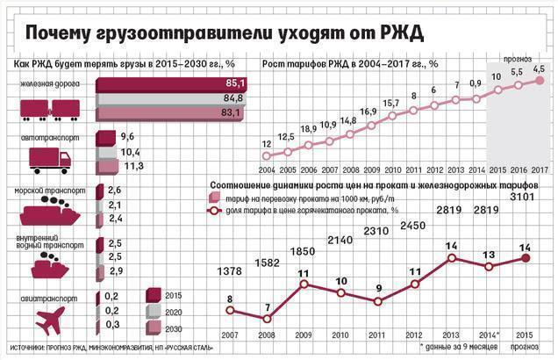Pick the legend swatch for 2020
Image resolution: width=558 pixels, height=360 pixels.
pos(155,311)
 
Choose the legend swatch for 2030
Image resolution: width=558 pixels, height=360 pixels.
pos(155,327)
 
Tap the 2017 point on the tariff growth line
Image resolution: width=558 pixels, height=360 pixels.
pos(540,80)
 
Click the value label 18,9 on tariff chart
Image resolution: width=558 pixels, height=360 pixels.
pos(310,129)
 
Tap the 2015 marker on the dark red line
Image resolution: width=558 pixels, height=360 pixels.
pos(526,258)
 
